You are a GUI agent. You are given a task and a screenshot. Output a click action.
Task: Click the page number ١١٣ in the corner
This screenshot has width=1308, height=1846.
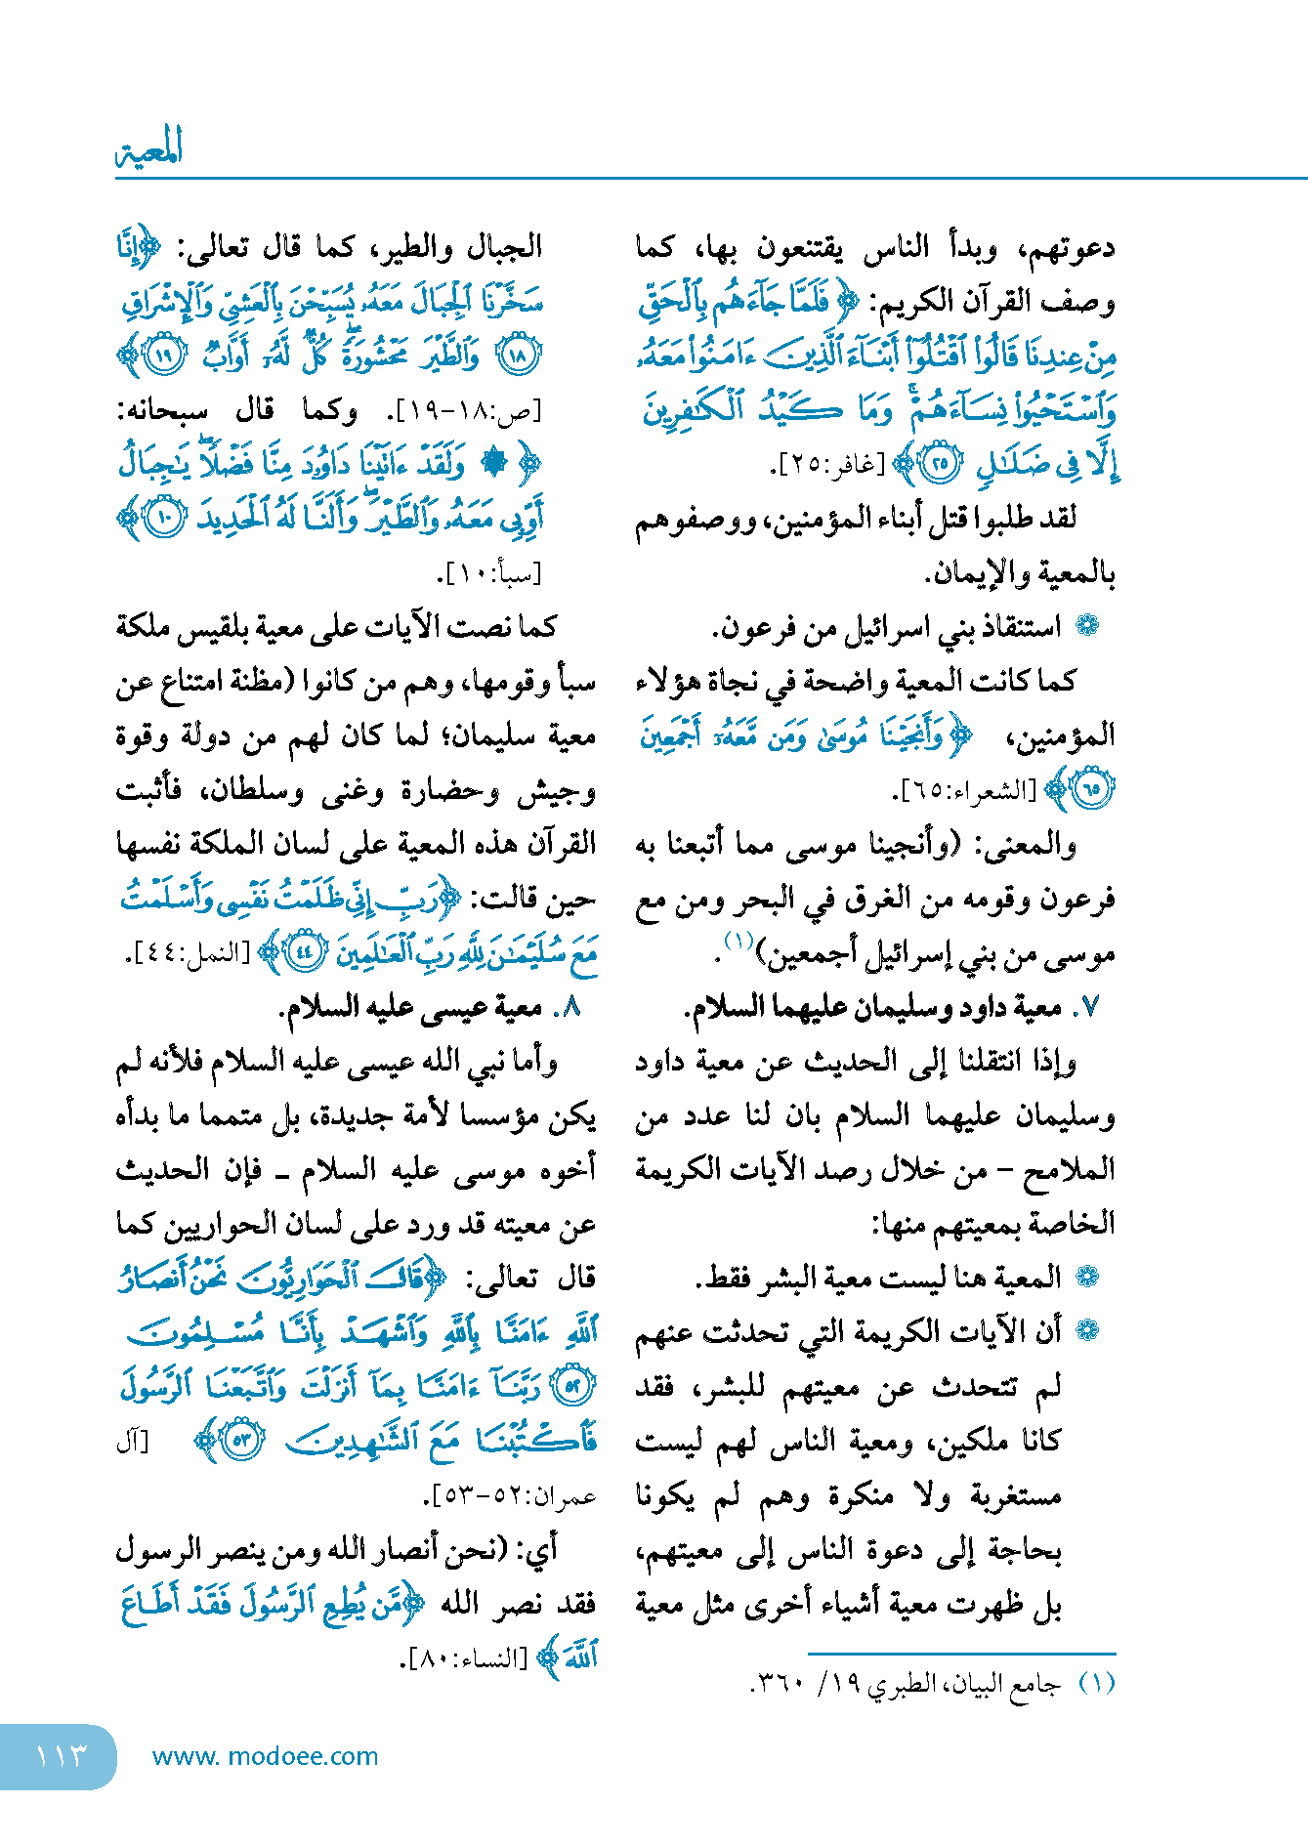click(61, 1756)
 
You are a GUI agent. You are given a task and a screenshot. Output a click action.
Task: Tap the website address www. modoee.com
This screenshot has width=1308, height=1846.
click(265, 1756)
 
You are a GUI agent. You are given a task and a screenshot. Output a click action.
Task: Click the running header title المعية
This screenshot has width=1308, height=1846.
click(149, 148)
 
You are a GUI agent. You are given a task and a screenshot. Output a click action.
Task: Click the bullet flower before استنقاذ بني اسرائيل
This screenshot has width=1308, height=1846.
click(1087, 627)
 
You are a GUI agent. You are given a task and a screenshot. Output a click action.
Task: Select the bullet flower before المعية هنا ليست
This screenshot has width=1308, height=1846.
click(1087, 1277)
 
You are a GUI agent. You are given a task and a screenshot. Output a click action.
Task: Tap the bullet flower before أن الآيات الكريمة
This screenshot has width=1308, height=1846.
click(1087, 1330)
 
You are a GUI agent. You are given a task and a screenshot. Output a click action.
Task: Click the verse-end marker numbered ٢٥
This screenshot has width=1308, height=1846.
click(941, 465)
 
